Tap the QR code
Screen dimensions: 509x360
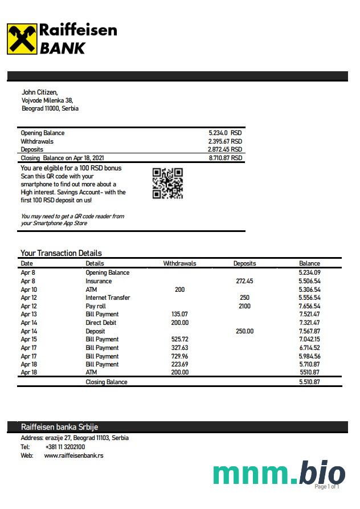pyautogui.click(x=167, y=183)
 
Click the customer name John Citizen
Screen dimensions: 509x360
pyautogui.click(x=39, y=92)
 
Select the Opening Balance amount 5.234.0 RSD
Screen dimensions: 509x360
pyautogui.click(x=225, y=133)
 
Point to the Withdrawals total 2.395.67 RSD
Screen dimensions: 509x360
pyautogui.click(x=225, y=141)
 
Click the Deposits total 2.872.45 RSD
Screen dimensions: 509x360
pyautogui.click(x=225, y=149)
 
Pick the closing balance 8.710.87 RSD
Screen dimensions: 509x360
pyautogui.click(x=225, y=158)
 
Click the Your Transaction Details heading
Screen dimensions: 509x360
pyautogui.click(x=61, y=253)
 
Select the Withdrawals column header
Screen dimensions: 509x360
pyautogui.click(x=179, y=263)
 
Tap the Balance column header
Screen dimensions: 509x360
pyautogui.click(x=309, y=263)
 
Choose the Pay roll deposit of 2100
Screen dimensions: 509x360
pyautogui.click(x=244, y=306)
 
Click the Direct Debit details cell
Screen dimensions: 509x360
pyautogui.click(x=101, y=323)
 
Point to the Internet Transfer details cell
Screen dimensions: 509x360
pyautogui.click(x=108, y=298)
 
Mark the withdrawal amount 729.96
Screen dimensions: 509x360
pyautogui.click(x=179, y=356)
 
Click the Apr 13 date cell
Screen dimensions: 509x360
pyautogui.click(x=28, y=314)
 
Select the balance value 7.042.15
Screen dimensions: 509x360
pyautogui.click(x=309, y=339)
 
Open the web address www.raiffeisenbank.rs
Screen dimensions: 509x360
pyautogui.click(x=73, y=455)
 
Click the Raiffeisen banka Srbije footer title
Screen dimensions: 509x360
pyautogui.click(x=55, y=427)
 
